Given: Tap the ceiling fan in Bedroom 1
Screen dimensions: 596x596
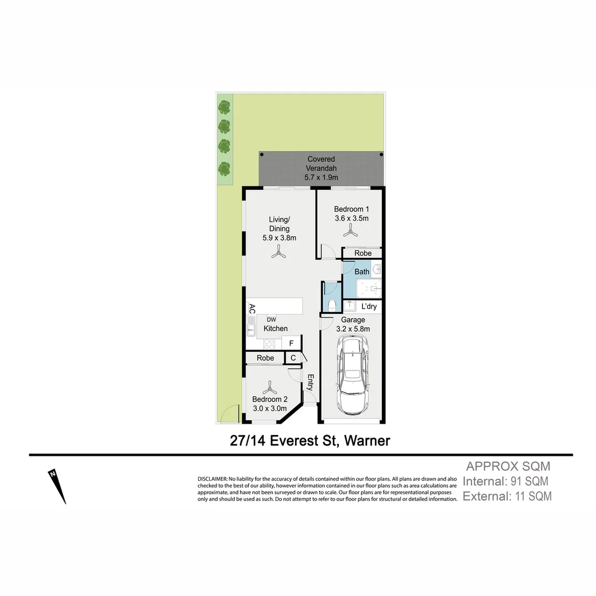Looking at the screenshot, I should pos(350,233).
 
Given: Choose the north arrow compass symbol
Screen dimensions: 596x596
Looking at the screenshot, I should pos(57,486).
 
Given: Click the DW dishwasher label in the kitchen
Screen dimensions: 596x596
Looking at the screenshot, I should pos(271,320).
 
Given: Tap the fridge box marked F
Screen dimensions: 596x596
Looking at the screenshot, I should pos(291,343).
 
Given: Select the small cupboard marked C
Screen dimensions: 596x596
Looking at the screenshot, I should pos(293,358).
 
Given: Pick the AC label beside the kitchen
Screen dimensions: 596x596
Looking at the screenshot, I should pos(252,308).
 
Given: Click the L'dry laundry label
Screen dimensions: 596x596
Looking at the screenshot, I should pos(369,306).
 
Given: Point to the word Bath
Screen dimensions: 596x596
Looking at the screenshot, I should pos(362,272).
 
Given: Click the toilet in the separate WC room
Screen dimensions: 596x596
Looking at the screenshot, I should pos(332,304).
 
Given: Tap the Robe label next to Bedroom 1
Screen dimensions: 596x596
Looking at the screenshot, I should pos(363,253).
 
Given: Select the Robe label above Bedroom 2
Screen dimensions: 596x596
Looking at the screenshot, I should pos(265,358).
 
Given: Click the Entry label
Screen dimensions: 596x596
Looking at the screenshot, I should pos(311,382).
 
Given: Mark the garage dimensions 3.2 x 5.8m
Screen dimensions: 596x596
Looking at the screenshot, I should pos(353,329).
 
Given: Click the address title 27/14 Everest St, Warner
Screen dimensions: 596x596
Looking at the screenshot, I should pos(310,440).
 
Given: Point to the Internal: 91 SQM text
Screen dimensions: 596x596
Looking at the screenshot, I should pos(505,481).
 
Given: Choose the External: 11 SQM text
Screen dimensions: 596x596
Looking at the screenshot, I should pos(507,496).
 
